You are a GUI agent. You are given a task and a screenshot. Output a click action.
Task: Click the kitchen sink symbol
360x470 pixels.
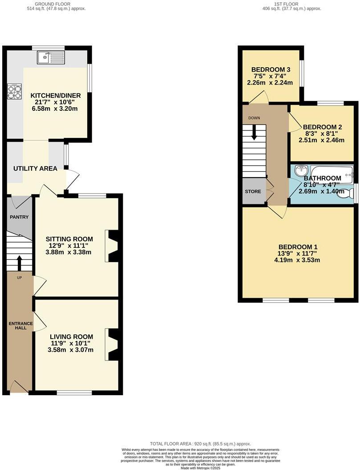click(52, 57)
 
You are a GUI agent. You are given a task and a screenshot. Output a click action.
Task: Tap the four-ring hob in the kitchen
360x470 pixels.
click(14, 91)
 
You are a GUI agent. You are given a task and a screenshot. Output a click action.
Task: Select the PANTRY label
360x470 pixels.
click(20, 217)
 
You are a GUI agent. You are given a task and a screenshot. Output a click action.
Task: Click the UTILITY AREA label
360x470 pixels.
click(35, 168)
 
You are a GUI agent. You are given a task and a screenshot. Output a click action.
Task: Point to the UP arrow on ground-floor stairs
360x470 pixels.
click(19, 263)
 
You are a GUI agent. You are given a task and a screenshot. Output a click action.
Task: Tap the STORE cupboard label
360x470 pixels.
click(253, 191)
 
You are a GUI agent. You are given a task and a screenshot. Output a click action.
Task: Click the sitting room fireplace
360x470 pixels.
click(112, 246)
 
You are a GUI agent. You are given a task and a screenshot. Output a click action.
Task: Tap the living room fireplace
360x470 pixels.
click(112, 344)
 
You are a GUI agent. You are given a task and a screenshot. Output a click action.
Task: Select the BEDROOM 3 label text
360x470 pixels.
click(271, 70)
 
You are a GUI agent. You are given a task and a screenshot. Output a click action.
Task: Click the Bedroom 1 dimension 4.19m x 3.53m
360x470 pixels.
click(298, 260)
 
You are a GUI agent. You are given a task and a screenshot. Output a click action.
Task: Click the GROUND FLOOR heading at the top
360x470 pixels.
click(60, 4)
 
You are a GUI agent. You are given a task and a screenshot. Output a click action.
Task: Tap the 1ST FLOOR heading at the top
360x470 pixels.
click(286, 4)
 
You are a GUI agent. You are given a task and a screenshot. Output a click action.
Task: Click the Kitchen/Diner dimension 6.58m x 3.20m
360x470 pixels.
click(54, 108)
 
